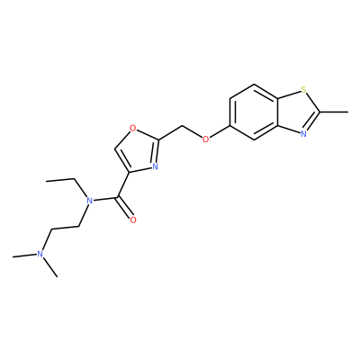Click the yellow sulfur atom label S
(x=303, y=89)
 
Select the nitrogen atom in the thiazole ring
(x=303, y=134)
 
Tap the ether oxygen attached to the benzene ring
(x=205, y=139)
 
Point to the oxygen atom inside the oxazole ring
(x=132, y=130)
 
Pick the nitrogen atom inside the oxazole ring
(x=155, y=166)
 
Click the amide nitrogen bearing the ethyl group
(x=88, y=201)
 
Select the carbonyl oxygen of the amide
(x=133, y=220)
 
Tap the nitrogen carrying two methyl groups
(x=40, y=254)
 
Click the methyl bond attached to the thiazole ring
(x=334, y=112)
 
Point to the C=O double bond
(x=125, y=208)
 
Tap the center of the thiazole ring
(x=297, y=112)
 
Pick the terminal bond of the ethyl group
(x=60, y=180)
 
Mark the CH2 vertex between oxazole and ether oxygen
(x=182, y=126)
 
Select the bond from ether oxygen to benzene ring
(x=220, y=132)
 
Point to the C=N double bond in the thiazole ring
(x=312, y=121)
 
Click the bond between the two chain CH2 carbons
(x=66, y=228)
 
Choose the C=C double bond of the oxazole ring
(x=122, y=160)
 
